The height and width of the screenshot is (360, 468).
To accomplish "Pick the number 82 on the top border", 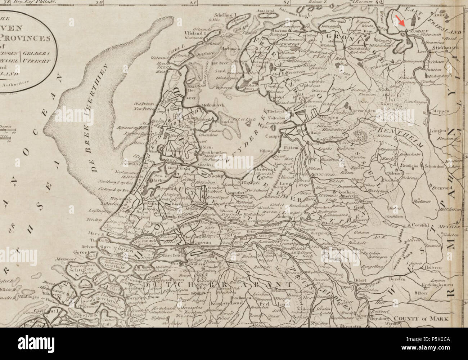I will (378, 2).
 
